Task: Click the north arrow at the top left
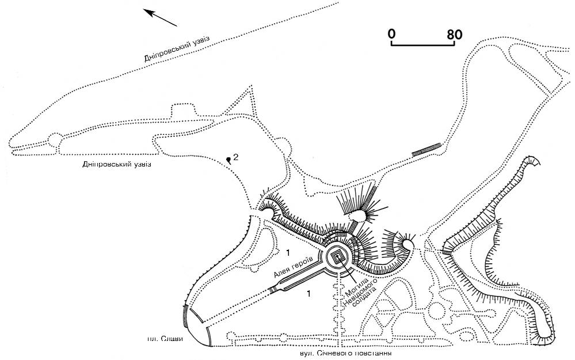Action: (160, 18)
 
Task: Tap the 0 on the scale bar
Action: (391, 34)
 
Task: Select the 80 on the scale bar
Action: (455, 35)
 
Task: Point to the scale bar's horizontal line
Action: (423, 45)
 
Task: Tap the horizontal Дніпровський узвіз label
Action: (117, 164)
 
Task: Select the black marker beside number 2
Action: (229, 160)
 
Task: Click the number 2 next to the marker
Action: (236, 157)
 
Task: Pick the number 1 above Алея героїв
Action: (288, 252)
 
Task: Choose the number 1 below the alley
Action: (309, 293)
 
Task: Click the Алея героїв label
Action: (293, 267)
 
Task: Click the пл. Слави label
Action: (165, 339)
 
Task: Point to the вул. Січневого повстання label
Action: (346, 354)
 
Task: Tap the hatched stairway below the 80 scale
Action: (426, 150)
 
